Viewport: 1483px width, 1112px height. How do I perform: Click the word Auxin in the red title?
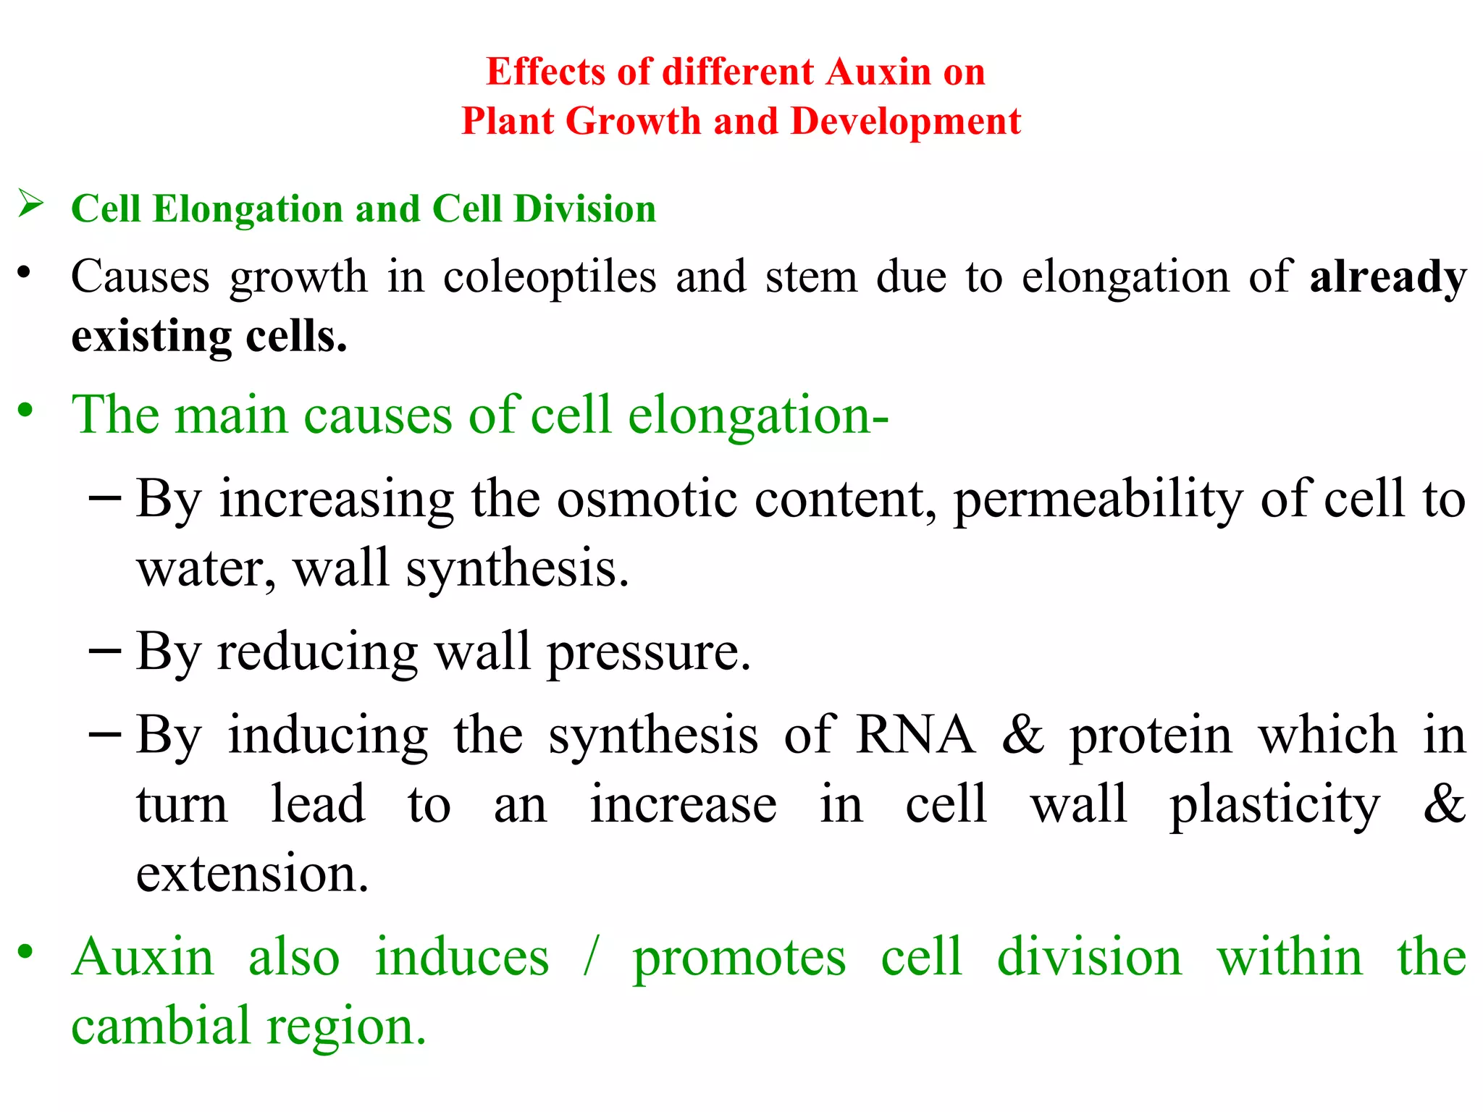point(878,72)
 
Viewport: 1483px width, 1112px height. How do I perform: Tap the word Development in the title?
point(906,121)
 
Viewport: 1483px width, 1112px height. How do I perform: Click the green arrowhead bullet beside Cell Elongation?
point(31,203)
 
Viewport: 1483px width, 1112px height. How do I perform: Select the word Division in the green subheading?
point(584,209)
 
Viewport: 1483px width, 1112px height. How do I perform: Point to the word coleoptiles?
point(550,277)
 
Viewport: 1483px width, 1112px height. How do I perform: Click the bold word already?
point(1388,277)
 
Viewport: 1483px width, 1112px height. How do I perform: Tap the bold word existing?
point(151,337)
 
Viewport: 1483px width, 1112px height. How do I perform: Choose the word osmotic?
point(647,500)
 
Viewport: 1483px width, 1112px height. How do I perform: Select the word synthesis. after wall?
point(517,570)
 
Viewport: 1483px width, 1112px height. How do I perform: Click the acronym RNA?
point(915,735)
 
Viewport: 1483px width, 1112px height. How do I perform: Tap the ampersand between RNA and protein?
point(1023,735)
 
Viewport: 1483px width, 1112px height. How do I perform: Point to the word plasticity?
point(1274,806)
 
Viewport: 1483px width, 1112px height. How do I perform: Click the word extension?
point(252,874)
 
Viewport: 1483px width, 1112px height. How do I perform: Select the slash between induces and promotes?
point(591,957)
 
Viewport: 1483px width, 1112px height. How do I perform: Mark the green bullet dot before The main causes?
point(25,410)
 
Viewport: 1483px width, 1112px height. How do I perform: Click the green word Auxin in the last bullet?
point(143,957)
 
